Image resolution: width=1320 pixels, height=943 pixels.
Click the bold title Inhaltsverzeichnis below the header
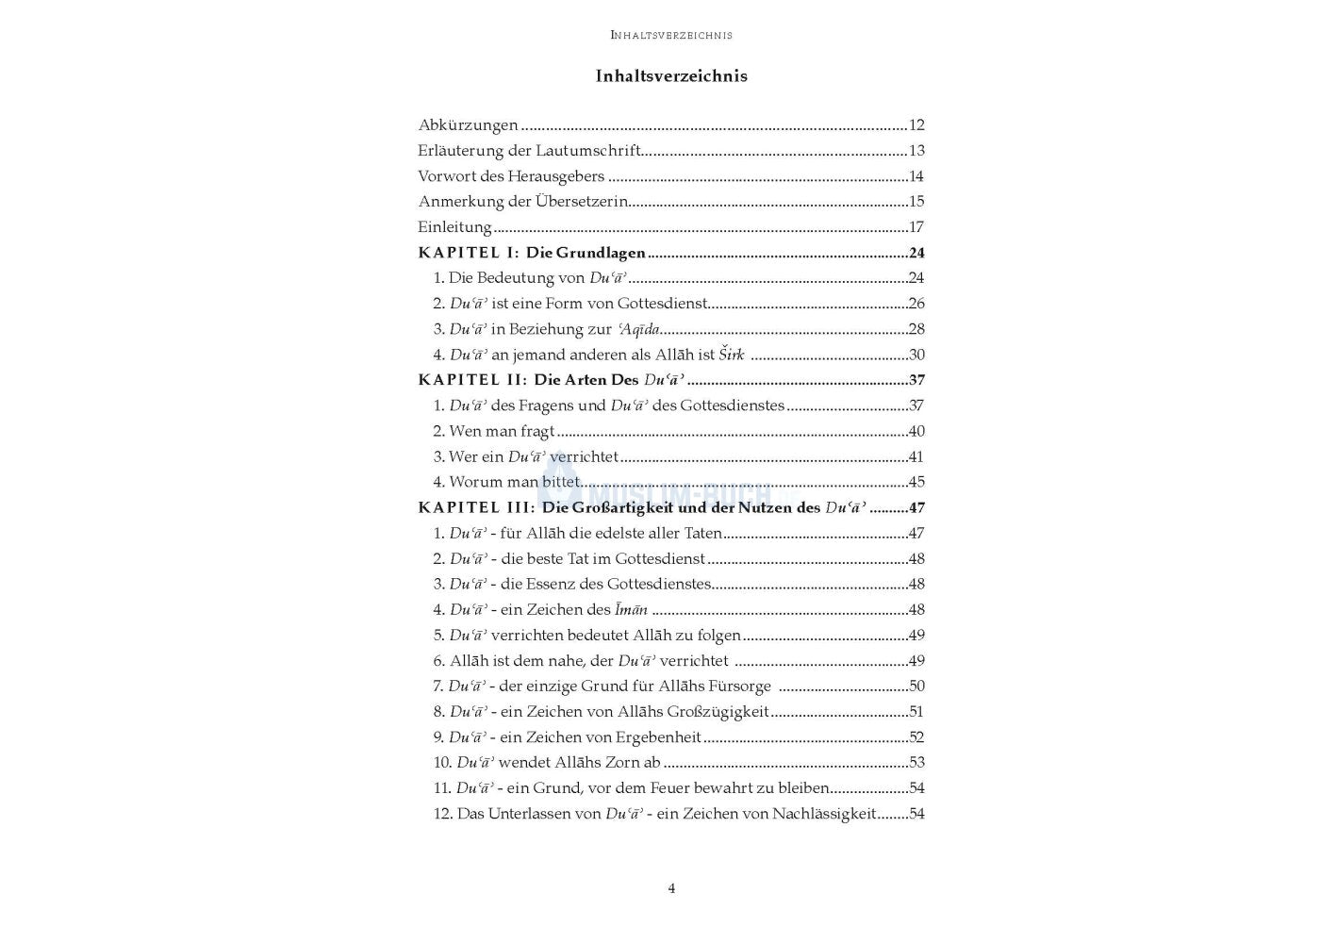tap(671, 76)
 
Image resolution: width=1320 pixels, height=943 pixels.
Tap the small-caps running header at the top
tap(671, 35)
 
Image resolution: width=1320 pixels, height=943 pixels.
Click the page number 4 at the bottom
tap(671, 888)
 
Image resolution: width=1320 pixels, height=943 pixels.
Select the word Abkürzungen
tap(468, 125)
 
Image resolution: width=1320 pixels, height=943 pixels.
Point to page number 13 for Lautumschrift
tap(916, 151)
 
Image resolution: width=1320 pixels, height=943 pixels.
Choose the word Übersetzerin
tap(582, 202)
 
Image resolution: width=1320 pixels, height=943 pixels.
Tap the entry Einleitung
tap(454, 227)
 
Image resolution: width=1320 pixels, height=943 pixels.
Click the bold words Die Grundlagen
tap(586, 253)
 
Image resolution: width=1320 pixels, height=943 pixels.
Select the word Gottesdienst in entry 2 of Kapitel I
tap(662, 304)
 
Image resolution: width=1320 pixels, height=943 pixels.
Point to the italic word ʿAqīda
tap(638, 329)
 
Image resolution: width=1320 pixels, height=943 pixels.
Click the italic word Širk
tap(732, 355)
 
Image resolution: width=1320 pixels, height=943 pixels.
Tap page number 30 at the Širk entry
tap(916, 355)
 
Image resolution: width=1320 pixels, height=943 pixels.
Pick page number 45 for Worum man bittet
tap(916, 482)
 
